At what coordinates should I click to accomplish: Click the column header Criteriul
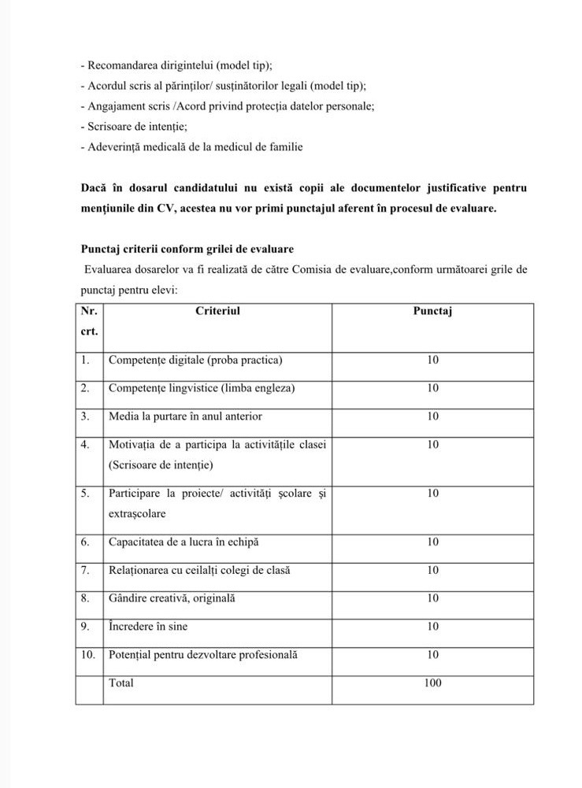pyautogui.click(x=217, y=311)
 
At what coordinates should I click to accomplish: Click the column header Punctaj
pyautogui.click(x=432, y=311)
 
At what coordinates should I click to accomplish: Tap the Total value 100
pyautogui.click(x=432, y=683)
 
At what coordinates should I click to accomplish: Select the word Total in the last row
pyautogui.click(x=121, y=683)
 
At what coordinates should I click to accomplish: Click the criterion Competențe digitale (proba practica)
pyautogui.click(x=195, y=361)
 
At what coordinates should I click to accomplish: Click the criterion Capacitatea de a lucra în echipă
pyautogui.click(x=183, y=542)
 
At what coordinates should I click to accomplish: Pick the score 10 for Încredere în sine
pyautogui.click(x=432, y=627)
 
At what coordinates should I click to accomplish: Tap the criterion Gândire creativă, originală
pyautogui.click(x=172, y=598)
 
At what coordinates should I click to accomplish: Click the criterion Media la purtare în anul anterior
pyautogui.click(x=185, y=416)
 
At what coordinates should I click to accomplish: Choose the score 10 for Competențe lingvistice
pyautogui.click(x=432, y=388)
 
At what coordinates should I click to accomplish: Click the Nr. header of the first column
pyautogui.click(x=89, y=311)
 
